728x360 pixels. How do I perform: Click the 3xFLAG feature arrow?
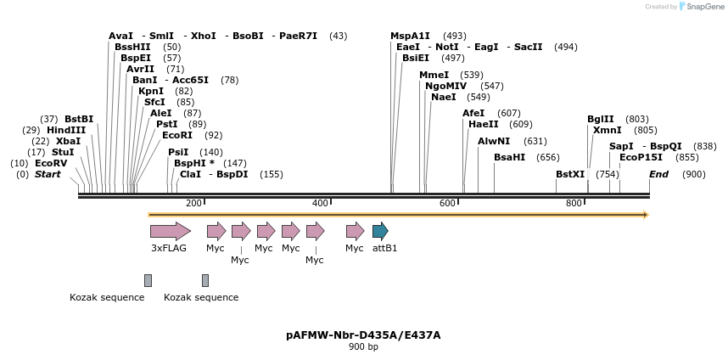170,230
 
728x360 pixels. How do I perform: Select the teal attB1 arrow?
380,230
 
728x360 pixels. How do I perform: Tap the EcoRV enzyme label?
51,163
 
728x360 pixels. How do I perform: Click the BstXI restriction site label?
570,174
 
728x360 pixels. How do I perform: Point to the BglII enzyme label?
600,119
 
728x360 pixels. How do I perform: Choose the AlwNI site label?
494,141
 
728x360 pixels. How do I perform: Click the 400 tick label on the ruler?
320,203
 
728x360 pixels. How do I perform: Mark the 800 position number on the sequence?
574,203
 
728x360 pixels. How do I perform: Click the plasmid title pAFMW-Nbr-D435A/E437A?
363,335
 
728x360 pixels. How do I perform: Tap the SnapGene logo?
703,7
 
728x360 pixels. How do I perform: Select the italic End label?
658,174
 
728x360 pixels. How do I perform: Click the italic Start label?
48,174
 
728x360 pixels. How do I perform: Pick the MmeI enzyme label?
434,75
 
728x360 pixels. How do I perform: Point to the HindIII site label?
66,130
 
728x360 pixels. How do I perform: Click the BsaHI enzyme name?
509,157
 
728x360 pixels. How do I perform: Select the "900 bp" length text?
363,347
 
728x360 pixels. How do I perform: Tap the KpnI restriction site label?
151,91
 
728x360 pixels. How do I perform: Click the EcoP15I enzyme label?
641,157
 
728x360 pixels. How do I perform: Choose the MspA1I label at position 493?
410,36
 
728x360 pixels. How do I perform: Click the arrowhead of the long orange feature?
646,215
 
